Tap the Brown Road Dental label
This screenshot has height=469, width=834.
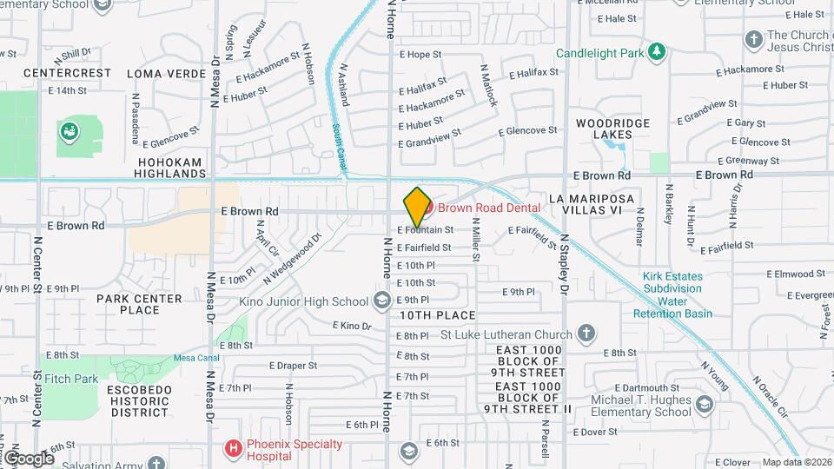[x=488, y=208]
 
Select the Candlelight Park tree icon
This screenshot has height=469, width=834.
[x=658, y=53]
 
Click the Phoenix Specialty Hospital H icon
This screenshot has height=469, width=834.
[x=233, y=448]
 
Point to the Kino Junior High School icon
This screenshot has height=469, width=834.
[x=381, y=301]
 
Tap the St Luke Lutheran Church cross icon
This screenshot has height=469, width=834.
[x=586, y=334]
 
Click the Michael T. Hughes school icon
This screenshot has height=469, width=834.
[x=704, y=404]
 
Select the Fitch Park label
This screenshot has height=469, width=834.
[x=73, y=379]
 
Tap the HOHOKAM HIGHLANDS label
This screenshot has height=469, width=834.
[x=168, y=168]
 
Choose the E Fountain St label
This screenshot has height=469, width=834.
[x=426, y=230]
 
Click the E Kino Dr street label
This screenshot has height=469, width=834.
[x=352, y=326]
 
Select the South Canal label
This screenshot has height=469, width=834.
[x=336, y=143]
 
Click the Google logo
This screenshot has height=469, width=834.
[x=29, y=458]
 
